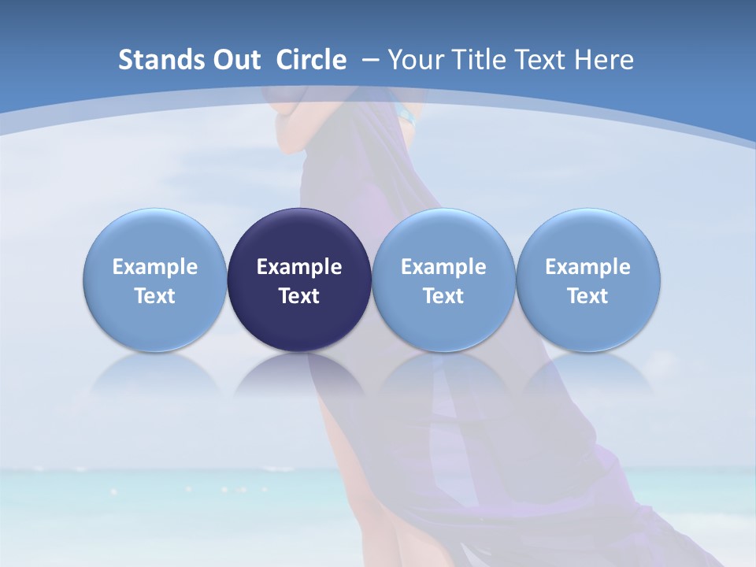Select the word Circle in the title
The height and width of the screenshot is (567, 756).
pyautogui.click(x=311, y=60)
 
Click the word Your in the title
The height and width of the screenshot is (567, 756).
pyautogui.click(x=415, y=60)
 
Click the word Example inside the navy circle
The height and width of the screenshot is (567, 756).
pyautogui.click(x=299, y=267)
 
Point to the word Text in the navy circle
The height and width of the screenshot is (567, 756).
pyautogui.click(x=299, y=296)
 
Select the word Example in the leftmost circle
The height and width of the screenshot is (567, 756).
pyautogui.click(x=155, y=267)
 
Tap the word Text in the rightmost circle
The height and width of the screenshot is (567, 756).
pyautogui.click(x=588, y=296)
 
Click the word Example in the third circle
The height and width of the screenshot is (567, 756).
pyautogui.click(x=443, y=267)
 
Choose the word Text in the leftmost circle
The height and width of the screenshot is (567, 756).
pyautogui.click(x=155, y=296)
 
